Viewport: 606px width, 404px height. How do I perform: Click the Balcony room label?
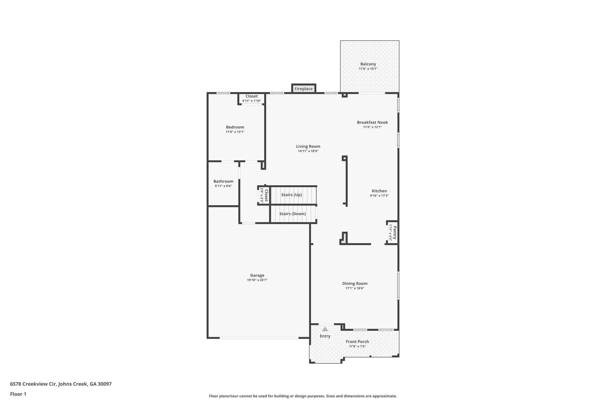click(x=368, y=64)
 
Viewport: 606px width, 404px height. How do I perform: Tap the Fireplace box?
click(x=304, y=89)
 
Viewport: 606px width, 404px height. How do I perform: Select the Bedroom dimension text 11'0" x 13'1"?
click(x=235, y=132)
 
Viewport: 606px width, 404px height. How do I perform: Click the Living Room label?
click(x=308, y=146)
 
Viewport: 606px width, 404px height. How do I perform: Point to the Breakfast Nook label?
click(x=372, y=122)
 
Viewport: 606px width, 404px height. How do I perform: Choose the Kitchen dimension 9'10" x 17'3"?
click(x=379, y=196)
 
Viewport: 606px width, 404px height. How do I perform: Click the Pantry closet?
click(x=392, y=232)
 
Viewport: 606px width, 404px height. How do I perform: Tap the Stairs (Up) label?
click(x=291, y=195)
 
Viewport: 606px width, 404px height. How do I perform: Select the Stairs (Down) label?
click(x=292, y=214)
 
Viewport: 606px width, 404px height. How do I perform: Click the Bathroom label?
click(x=223, y=181)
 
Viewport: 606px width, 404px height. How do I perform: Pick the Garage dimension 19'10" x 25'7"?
click(x=257, y=280)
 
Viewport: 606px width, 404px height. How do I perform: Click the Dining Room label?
click(x=355, y=284)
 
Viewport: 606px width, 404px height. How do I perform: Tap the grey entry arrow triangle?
click(x=325, y=329)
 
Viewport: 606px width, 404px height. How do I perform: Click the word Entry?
click(x=325, y=336)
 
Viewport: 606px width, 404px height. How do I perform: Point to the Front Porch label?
click(x=357, y=342)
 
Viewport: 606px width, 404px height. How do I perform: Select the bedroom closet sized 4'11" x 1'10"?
click(x=252, y=98)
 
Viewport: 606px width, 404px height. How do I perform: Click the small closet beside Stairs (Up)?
click(x=264, y=195)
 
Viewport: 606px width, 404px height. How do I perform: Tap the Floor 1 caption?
click(x=18, y=394)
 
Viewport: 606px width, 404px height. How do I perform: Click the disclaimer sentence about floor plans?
click(x=303, y=396)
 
